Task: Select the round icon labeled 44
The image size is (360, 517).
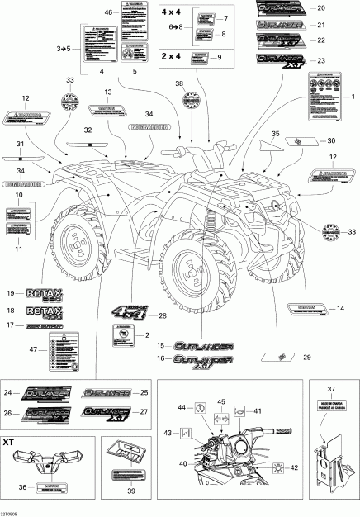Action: tap(198, 407)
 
